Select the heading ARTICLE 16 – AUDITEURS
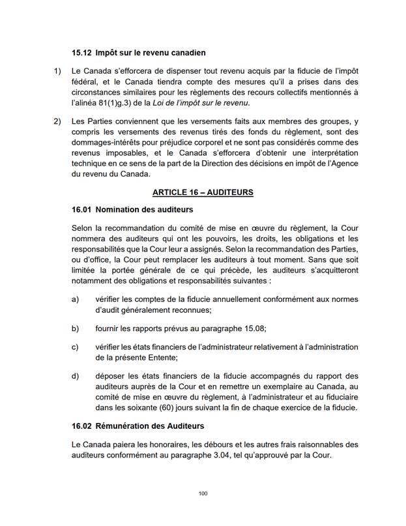203,192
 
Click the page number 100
203,493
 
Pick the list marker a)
76,299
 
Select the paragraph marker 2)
57,122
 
